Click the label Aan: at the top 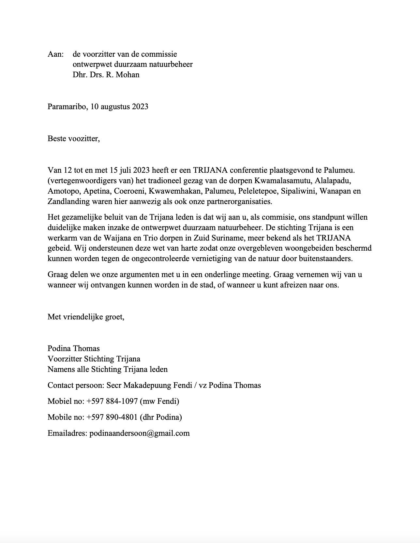[55, 54]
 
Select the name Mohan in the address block [127, 75]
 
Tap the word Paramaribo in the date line [67, 107]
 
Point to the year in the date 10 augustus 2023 [140, 107]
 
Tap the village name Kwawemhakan [174, 191]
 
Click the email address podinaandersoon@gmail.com [140, 433]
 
